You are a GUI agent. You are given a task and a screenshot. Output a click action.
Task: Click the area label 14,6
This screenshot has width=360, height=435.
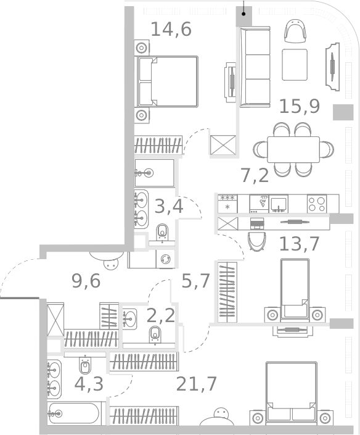pos(171,29)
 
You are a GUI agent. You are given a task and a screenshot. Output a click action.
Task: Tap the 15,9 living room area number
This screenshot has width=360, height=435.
pos(299,106)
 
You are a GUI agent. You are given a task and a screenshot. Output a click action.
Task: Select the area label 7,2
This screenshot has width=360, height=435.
pos(254,176)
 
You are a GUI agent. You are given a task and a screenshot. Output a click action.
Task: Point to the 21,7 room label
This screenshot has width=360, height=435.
pos(196,384)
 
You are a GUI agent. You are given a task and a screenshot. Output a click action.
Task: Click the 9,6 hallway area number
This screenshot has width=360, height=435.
pos(86,281)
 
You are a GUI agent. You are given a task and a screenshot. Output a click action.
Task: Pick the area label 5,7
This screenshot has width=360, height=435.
pos(196,281)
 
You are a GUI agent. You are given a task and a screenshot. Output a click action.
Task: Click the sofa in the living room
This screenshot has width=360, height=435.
pos(255,67)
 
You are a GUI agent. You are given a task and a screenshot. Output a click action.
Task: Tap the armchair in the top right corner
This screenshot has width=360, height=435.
pos(295,31)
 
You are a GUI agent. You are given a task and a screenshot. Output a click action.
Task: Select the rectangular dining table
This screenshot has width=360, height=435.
pos(293,149)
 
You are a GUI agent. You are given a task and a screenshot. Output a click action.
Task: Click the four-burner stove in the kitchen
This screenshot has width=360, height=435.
pos(317,204)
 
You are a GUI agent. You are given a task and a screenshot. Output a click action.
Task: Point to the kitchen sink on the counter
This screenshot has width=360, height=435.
pos(279,203)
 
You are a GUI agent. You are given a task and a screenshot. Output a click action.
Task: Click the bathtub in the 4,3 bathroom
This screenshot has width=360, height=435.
pos(75,413)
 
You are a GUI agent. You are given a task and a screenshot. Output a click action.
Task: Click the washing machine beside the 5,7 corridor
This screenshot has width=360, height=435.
pos(165,259)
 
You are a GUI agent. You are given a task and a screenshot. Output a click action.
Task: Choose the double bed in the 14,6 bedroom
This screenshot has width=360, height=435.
pos(167,81)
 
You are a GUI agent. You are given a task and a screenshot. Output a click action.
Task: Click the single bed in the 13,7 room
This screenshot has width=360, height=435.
pos(295,288)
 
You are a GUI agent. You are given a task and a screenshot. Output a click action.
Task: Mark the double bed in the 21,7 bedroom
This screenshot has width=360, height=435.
pos(291,392)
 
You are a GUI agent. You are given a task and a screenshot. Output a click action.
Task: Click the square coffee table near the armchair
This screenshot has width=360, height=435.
pos(295,65)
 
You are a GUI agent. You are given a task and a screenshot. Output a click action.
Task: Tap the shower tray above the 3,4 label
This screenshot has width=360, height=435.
pos(154,173)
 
